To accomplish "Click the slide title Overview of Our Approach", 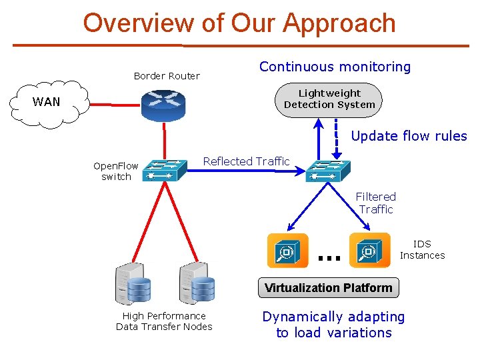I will tap(239, 23).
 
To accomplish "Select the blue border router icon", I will tap(163, 104).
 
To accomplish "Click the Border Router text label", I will tap(167, 76).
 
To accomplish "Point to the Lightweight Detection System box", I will tap(329, 99).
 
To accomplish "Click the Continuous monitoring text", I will tap(335, 67).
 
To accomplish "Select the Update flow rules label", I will tap(409, 136).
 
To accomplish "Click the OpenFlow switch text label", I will tap(116, 171).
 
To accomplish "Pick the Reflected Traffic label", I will tap(246, 161).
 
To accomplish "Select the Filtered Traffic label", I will tap(376, 203).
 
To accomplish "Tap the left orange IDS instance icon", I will tap(287, 251).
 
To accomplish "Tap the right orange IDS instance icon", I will tap(369, 251).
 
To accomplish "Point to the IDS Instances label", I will tap(422, 250).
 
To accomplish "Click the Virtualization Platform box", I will tap(329, 288).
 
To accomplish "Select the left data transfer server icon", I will tap(133, 283).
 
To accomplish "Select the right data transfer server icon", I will tap(197, 283).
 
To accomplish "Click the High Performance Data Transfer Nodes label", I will tap(164, 321).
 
